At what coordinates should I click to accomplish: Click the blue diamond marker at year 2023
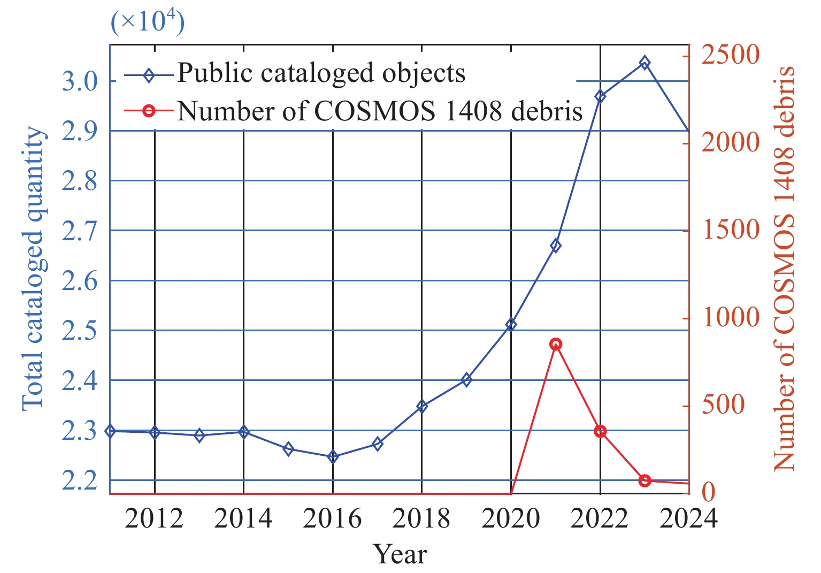(x=644, y=63)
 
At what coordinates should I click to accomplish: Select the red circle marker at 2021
(x=556, y=345)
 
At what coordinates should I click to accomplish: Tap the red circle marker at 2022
(x=600, y=431)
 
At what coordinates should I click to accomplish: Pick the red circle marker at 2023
(x=644, y=480)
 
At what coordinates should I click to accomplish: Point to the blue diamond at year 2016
(x=333, y=457)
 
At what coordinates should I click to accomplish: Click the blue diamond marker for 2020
(x=511, y=324)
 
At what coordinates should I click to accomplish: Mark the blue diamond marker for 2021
(x=556, y=246)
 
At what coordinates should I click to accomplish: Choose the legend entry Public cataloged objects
(x=321, y=73)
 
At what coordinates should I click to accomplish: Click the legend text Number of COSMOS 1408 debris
(x=380, y=111)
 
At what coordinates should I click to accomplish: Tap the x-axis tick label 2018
(x=421, y=518)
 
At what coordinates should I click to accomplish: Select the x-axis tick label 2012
(x=154, y=518)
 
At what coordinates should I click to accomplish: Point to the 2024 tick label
(x=688, y=518)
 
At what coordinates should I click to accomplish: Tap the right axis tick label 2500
(x=730, y=55)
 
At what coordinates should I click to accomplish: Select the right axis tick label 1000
(x=730, y=318)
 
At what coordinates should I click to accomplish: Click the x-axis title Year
(x=400, y=554)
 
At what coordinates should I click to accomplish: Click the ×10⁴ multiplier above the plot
(x=148, y=22)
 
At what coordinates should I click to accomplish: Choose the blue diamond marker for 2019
(x=466, y=380)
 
